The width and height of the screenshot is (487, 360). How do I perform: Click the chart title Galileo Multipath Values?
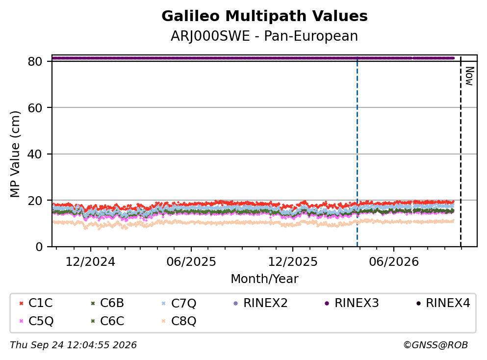tap(264, 16)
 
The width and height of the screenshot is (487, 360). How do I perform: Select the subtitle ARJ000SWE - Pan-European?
tap(264, 36)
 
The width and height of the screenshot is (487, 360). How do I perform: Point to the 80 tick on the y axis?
tap(35, 61)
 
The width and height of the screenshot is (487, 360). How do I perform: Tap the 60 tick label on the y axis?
tap(35, 108)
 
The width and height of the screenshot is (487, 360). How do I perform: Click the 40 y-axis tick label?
tap(35, 154)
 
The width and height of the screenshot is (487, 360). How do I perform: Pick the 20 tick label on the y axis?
tap(35, 200)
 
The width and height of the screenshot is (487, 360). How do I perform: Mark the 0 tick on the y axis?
tap(39, 247)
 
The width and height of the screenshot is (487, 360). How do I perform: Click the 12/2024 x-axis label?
tap(90, 262)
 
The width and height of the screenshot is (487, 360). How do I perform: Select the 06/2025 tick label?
tap(191, 262)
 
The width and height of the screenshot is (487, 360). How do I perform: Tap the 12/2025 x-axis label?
tap(293, 262)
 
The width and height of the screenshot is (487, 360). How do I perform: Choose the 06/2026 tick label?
tap(394, 262)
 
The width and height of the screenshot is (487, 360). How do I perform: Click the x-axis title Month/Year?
tap(264, 279)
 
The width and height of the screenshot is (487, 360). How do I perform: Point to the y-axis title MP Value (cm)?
tap(15, 154)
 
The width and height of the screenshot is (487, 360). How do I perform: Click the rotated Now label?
tap(469, 76)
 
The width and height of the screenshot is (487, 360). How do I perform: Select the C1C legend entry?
tap(36, 303)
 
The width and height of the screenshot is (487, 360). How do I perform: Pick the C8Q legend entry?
tap(179, 321)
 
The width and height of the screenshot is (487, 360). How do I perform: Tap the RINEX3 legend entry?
tap(352, 303)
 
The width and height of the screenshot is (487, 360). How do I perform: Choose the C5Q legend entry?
tap(36, 321)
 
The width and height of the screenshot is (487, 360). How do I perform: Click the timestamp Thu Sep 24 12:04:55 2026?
tap(73, 345)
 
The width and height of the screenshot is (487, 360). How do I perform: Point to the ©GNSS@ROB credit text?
tap(436, 345)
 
